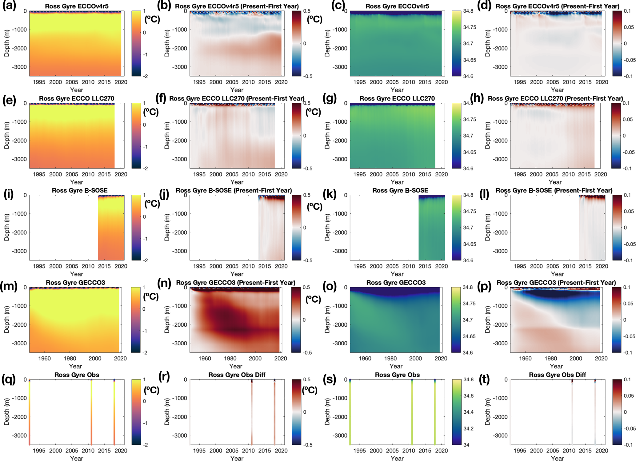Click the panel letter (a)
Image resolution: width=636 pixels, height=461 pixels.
click(9, 6)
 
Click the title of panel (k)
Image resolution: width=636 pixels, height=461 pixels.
click(400, 190)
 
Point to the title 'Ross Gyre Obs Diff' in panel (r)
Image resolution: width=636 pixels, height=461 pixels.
click(237, 375)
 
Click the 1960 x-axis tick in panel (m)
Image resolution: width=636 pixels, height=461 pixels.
click(44, 358)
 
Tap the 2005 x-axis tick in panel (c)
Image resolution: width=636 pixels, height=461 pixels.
click(392, 82)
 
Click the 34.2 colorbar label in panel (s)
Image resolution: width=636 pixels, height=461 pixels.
click(469, 428)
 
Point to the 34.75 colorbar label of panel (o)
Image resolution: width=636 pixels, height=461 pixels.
click(469, 304)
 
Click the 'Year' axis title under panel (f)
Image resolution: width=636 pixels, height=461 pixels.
click(237, 182)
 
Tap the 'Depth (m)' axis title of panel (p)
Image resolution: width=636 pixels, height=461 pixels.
click(487, 320)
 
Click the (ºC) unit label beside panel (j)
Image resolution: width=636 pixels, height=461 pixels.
click(314, 206)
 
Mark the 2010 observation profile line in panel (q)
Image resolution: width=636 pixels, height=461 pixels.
click(91, 412)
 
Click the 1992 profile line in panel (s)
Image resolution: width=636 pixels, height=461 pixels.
click(350, 412)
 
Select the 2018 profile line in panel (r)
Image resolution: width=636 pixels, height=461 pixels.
click(274, 412)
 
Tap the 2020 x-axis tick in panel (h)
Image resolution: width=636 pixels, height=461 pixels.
click(600, 174)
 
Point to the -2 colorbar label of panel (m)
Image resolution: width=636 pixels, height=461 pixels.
click(145, 353)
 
